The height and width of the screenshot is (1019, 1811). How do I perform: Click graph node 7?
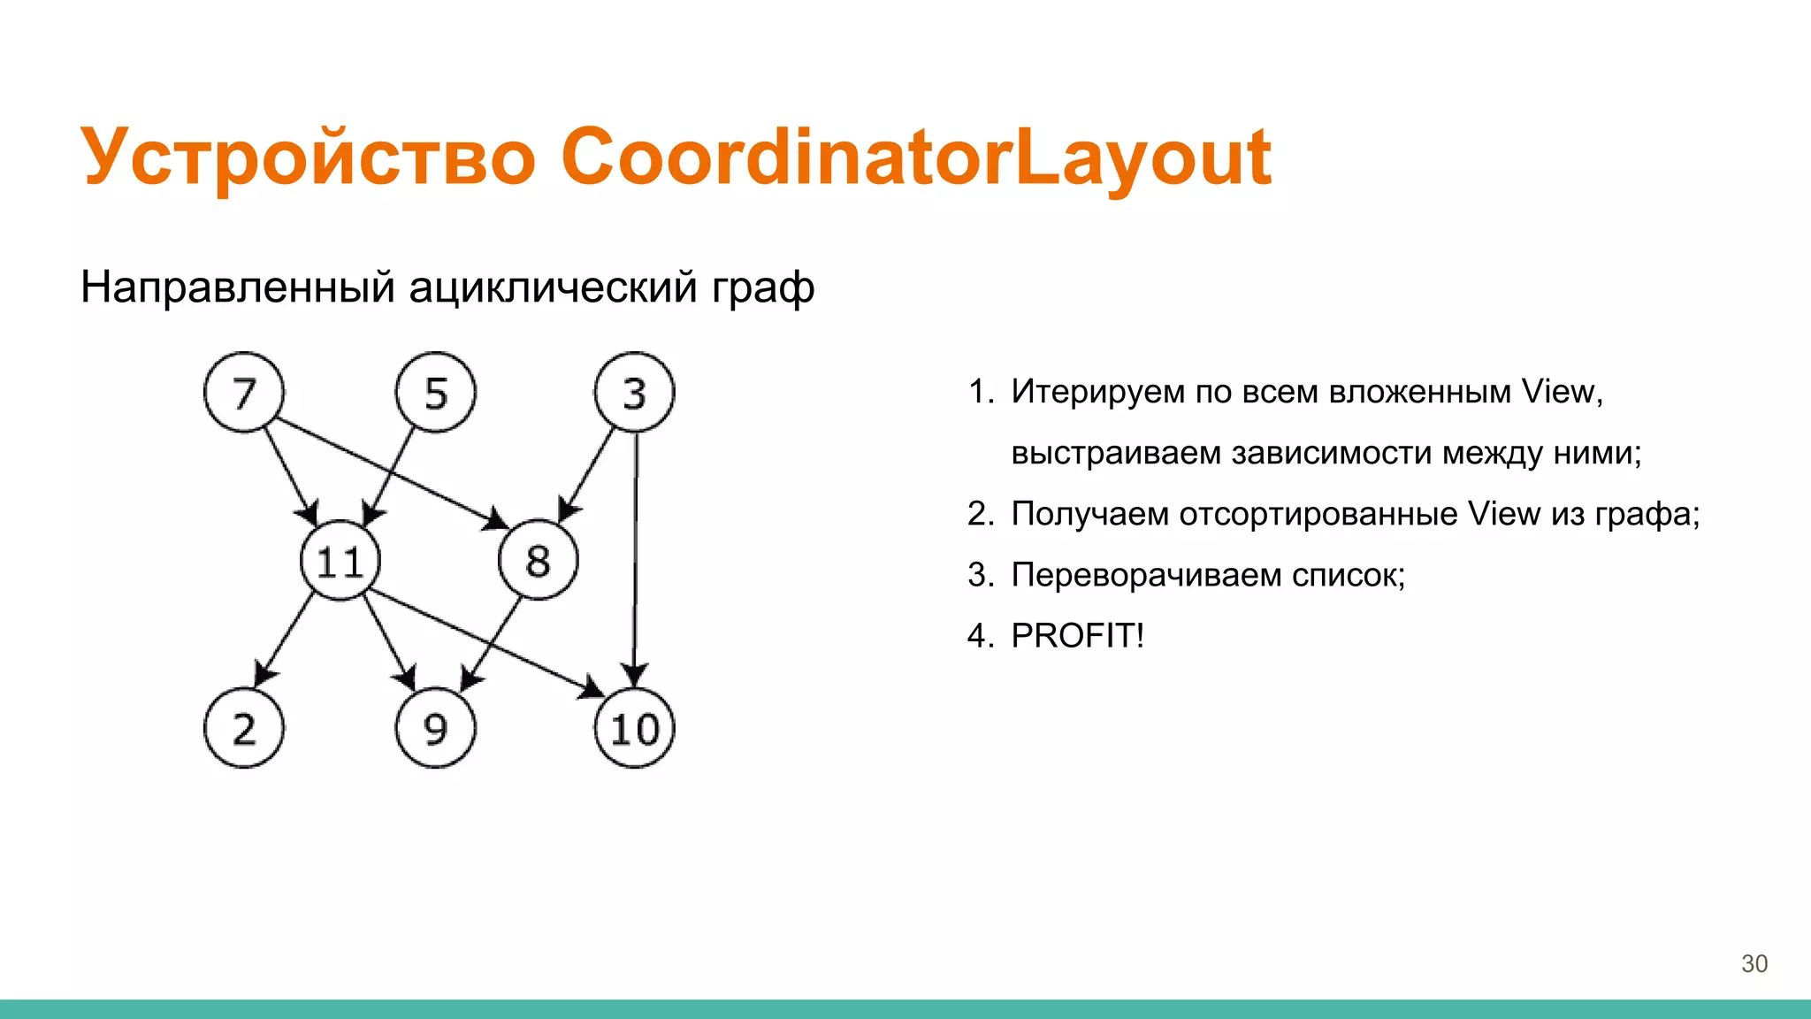click(244, 393)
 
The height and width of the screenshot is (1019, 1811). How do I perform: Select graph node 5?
click(436, 393)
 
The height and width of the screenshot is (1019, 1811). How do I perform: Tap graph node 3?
click(634, 393)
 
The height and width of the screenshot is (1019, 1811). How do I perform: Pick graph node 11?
click(340, 561)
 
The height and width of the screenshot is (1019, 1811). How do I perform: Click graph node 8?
click(538, 561)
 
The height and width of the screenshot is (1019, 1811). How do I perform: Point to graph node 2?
click(244, 728)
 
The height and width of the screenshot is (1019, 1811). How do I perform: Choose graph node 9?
click(436, 728)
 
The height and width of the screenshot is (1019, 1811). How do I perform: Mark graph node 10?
click(634, 728)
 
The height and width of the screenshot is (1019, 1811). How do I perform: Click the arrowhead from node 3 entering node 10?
click(634, 676)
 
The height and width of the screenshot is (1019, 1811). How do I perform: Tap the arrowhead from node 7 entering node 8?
click(496, 520)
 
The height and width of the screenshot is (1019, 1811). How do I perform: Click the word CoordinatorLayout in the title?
click(916, 157)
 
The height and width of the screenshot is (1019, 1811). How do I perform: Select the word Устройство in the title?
click(308, 157)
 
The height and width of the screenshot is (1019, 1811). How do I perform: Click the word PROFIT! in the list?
click(1077, 635)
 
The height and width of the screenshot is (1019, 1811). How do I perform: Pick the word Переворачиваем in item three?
click(1145, 575)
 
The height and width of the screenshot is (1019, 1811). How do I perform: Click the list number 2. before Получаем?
click(981, 514)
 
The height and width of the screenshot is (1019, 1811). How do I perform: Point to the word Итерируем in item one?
click(1097, 392)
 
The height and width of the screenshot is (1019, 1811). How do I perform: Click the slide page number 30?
click(1754, 963)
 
